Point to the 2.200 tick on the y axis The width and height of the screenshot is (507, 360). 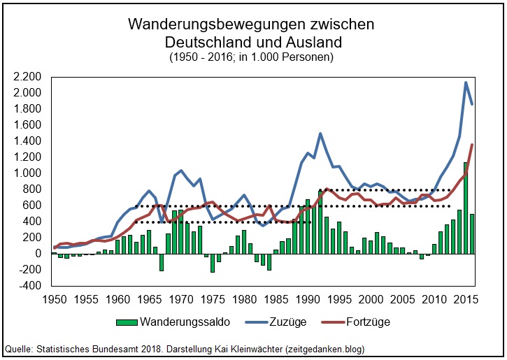click(27, 77)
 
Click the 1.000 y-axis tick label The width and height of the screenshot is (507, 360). click(27, 173)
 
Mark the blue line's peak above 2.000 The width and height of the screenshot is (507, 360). click(466, 82)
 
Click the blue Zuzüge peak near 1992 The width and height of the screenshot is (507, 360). click(320, 134)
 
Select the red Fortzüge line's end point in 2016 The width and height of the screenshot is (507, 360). click(473, 145)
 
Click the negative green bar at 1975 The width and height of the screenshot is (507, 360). click(213, 263)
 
